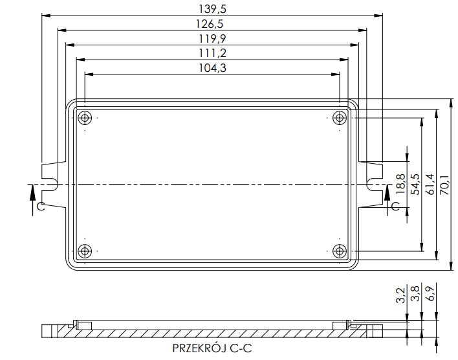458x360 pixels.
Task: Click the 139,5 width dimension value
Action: pyautogui.click(x=212, y=9)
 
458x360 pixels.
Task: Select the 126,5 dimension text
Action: pyautogui.click(x=210, y=24)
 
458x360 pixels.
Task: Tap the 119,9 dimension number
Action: pyautogui.click(x=212, y=39)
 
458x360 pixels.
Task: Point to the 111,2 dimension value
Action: pyautogui.click(x=212, y=53)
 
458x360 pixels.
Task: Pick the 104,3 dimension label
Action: pyautogui.click(x=212, y=68)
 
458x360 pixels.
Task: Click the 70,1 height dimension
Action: pyautogui.click(x=445, y=185)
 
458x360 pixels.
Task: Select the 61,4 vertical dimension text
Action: pyautogui.click(x=430, y=185)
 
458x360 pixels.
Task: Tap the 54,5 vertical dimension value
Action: pyautogui.click(x=415, y=185)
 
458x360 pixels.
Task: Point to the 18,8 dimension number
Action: pyautogui.click(x=400, y=184)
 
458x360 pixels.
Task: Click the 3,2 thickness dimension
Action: pyautogui.click(x=400, y=295)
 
